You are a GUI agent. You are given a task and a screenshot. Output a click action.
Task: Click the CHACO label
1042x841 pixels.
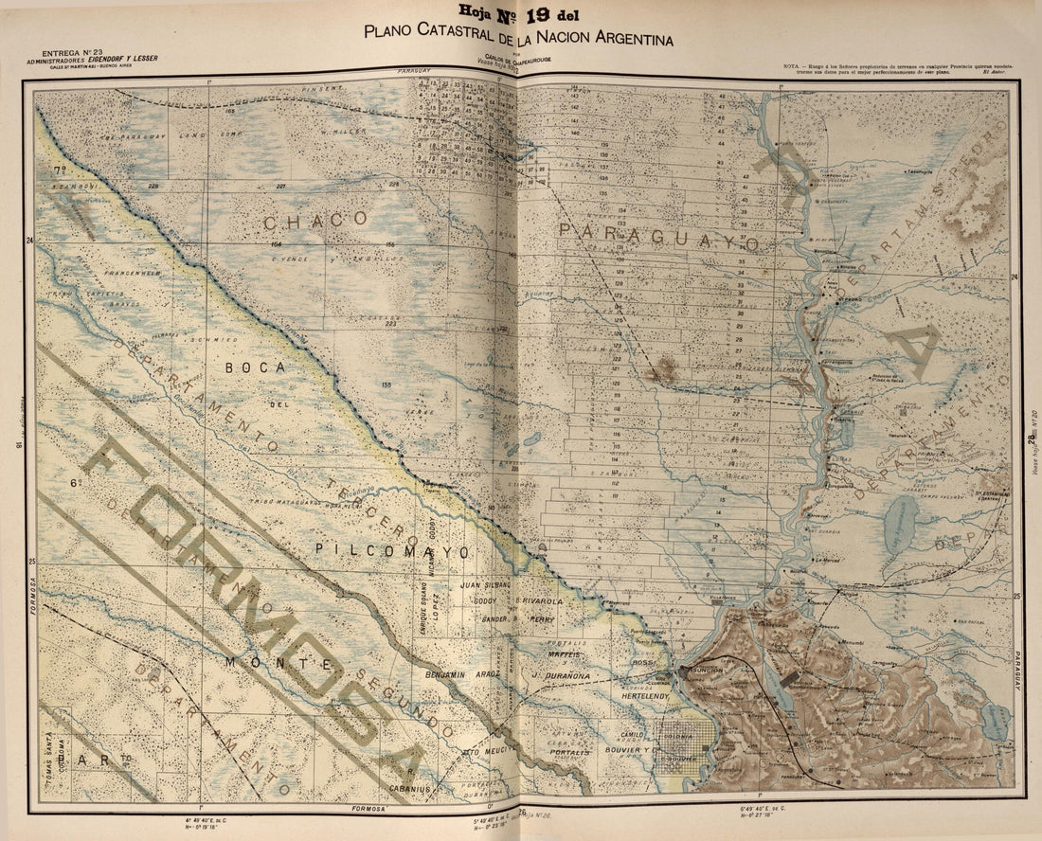pos(315,220)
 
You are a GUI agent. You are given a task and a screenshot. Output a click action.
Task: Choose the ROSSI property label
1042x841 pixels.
pos(644,663)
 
